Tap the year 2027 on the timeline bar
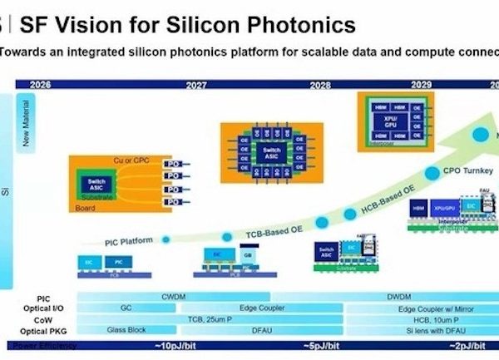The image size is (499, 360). pos(196,84)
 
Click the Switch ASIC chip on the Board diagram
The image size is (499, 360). pos(98,185)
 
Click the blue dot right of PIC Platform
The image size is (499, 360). pos(166,239)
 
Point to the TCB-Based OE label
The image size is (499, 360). pos(267,229)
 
